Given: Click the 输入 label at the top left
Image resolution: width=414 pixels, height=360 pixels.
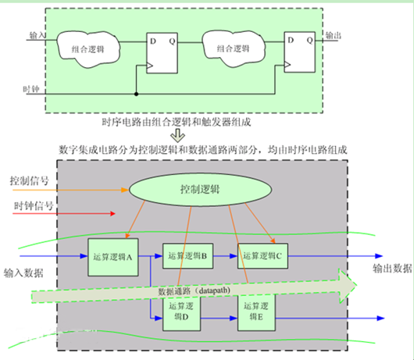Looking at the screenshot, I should (37, 35).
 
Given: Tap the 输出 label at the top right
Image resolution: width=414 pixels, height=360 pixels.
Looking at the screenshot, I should (333, 35).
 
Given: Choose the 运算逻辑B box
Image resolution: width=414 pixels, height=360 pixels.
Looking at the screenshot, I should (186, 255).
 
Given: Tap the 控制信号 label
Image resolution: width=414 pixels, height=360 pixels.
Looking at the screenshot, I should (30, 181).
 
